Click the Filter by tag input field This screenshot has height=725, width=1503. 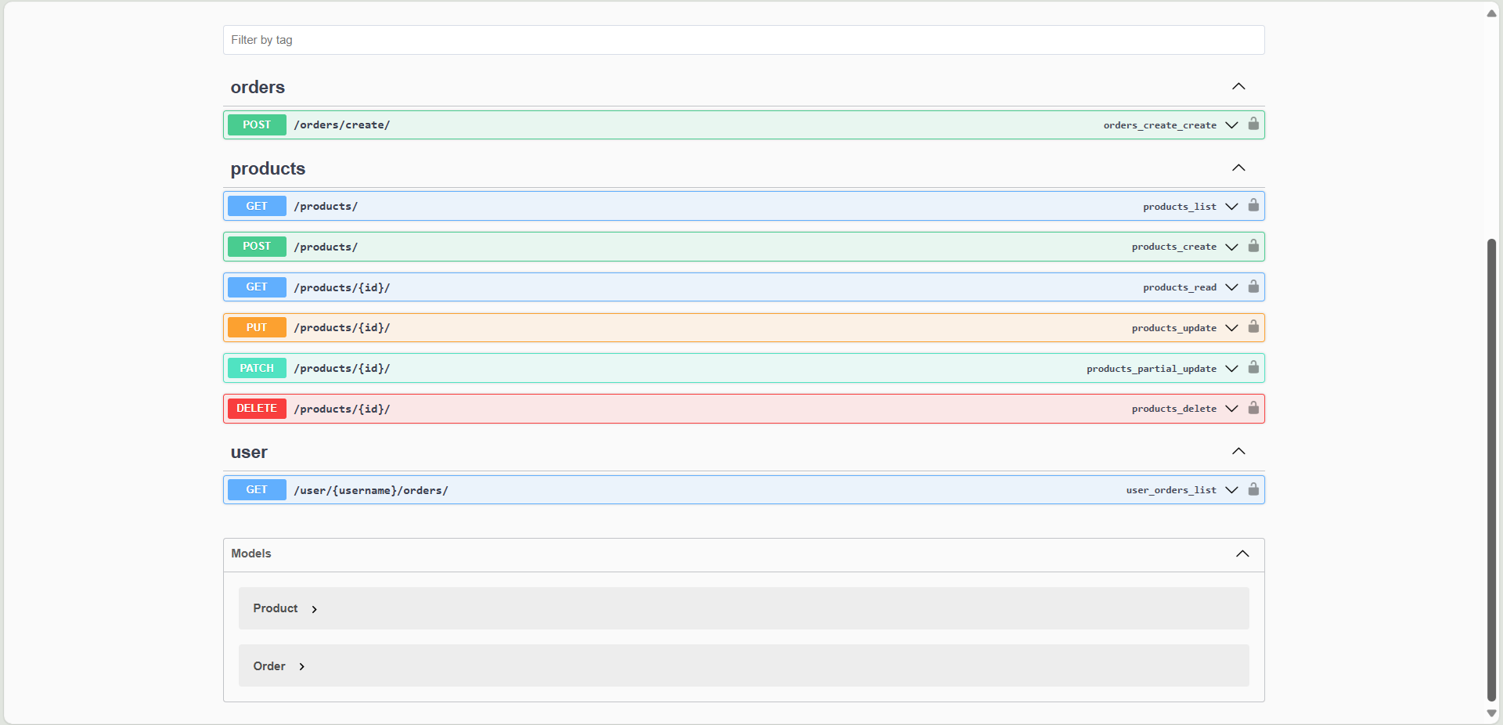[744, 40]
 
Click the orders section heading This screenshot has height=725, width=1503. [258, 87]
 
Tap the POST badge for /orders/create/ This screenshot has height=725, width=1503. [257, 124]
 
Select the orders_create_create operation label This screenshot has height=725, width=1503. [1159, 125]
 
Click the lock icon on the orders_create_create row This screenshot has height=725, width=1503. [1253, 124]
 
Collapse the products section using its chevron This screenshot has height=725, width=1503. [1238, 168]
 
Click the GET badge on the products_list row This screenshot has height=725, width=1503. [257, 206]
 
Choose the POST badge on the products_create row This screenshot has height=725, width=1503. [257, 247]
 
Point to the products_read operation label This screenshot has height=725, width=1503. [1180, 287]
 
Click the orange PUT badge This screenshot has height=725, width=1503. [257, 327]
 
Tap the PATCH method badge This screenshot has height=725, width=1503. [257, 368]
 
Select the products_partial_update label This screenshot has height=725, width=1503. [1152, 369]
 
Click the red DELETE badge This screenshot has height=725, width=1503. [257, 409]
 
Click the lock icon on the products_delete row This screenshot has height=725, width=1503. [1253, 408]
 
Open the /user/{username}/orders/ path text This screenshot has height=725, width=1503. [371, 490]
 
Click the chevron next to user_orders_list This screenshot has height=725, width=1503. [1231, 490]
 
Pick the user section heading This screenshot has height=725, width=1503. [249, 452]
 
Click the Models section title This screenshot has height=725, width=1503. [251, 554]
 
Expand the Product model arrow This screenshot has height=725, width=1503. [314, 609]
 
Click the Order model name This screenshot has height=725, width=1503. [269, 666]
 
